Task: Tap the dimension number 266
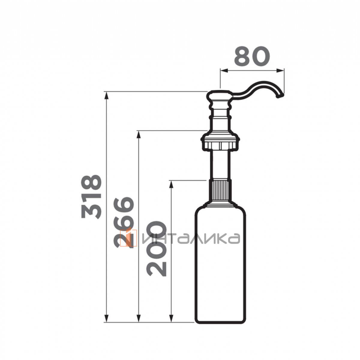124,222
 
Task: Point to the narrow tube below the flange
220,164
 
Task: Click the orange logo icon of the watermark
128,238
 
